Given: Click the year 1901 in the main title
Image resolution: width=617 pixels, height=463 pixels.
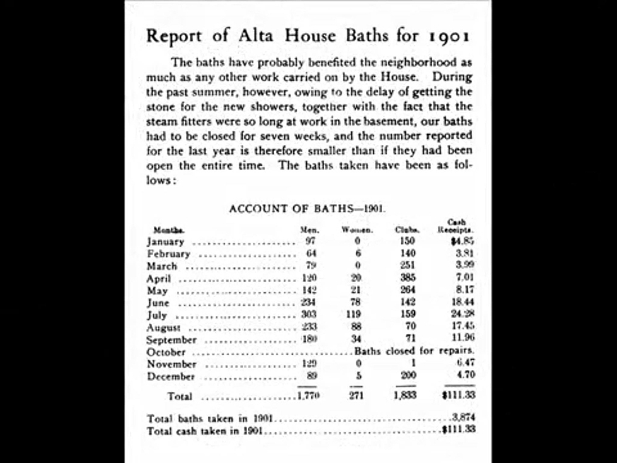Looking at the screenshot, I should (449, 35).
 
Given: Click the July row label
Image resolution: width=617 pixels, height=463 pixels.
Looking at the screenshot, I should (157, 315).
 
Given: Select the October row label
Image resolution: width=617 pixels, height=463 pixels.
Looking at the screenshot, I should (166, 352).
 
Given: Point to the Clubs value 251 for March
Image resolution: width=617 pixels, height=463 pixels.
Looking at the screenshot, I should (407, 266).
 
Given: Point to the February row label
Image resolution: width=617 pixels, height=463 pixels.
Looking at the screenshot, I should (168, 254).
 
